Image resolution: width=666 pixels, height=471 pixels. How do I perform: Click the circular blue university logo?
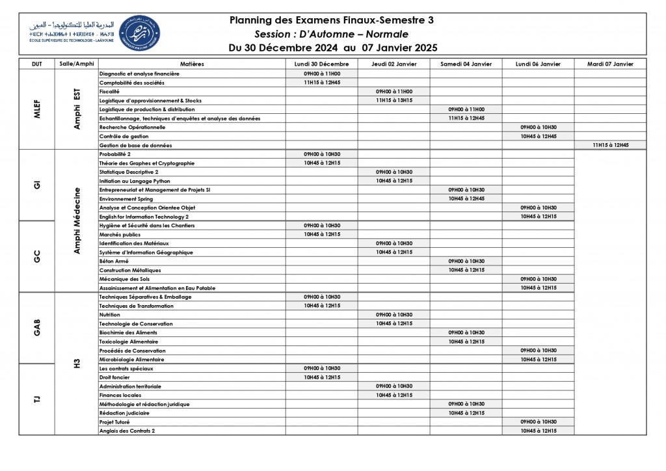(140, 34)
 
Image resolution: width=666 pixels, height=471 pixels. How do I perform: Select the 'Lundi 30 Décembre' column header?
(321, 64)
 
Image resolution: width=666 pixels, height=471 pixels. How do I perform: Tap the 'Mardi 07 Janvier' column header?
(610, 64)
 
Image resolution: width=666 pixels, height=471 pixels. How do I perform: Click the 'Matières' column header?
(192, 64)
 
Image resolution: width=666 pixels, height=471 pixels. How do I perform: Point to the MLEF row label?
(36, 109)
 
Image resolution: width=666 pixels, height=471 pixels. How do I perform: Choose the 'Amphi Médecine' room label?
(77, 221)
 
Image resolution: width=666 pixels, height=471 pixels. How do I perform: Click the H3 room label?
(77, 363)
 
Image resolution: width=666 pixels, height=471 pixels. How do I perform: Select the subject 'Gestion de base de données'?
(135, 145)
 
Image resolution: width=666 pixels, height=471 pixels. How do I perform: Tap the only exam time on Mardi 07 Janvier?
(610, 145)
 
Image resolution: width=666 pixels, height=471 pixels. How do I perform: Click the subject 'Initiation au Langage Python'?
(135, 181)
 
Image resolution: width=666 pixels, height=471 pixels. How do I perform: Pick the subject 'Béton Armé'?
(114, 261)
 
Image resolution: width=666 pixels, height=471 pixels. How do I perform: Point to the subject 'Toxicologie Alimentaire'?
(128, 342)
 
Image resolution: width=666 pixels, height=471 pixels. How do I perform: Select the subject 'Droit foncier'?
(114, 377)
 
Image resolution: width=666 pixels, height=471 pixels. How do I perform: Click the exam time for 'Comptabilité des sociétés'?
(321, 83)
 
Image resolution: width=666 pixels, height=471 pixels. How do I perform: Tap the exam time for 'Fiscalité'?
(393, 92)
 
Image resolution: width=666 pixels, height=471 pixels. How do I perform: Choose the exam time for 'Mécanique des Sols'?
(538, 279)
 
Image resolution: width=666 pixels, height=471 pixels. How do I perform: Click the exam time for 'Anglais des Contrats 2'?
(538, 431)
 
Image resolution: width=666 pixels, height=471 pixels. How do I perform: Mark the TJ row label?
(36, 399)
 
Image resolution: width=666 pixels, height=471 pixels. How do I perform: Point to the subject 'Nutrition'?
(110, 315)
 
